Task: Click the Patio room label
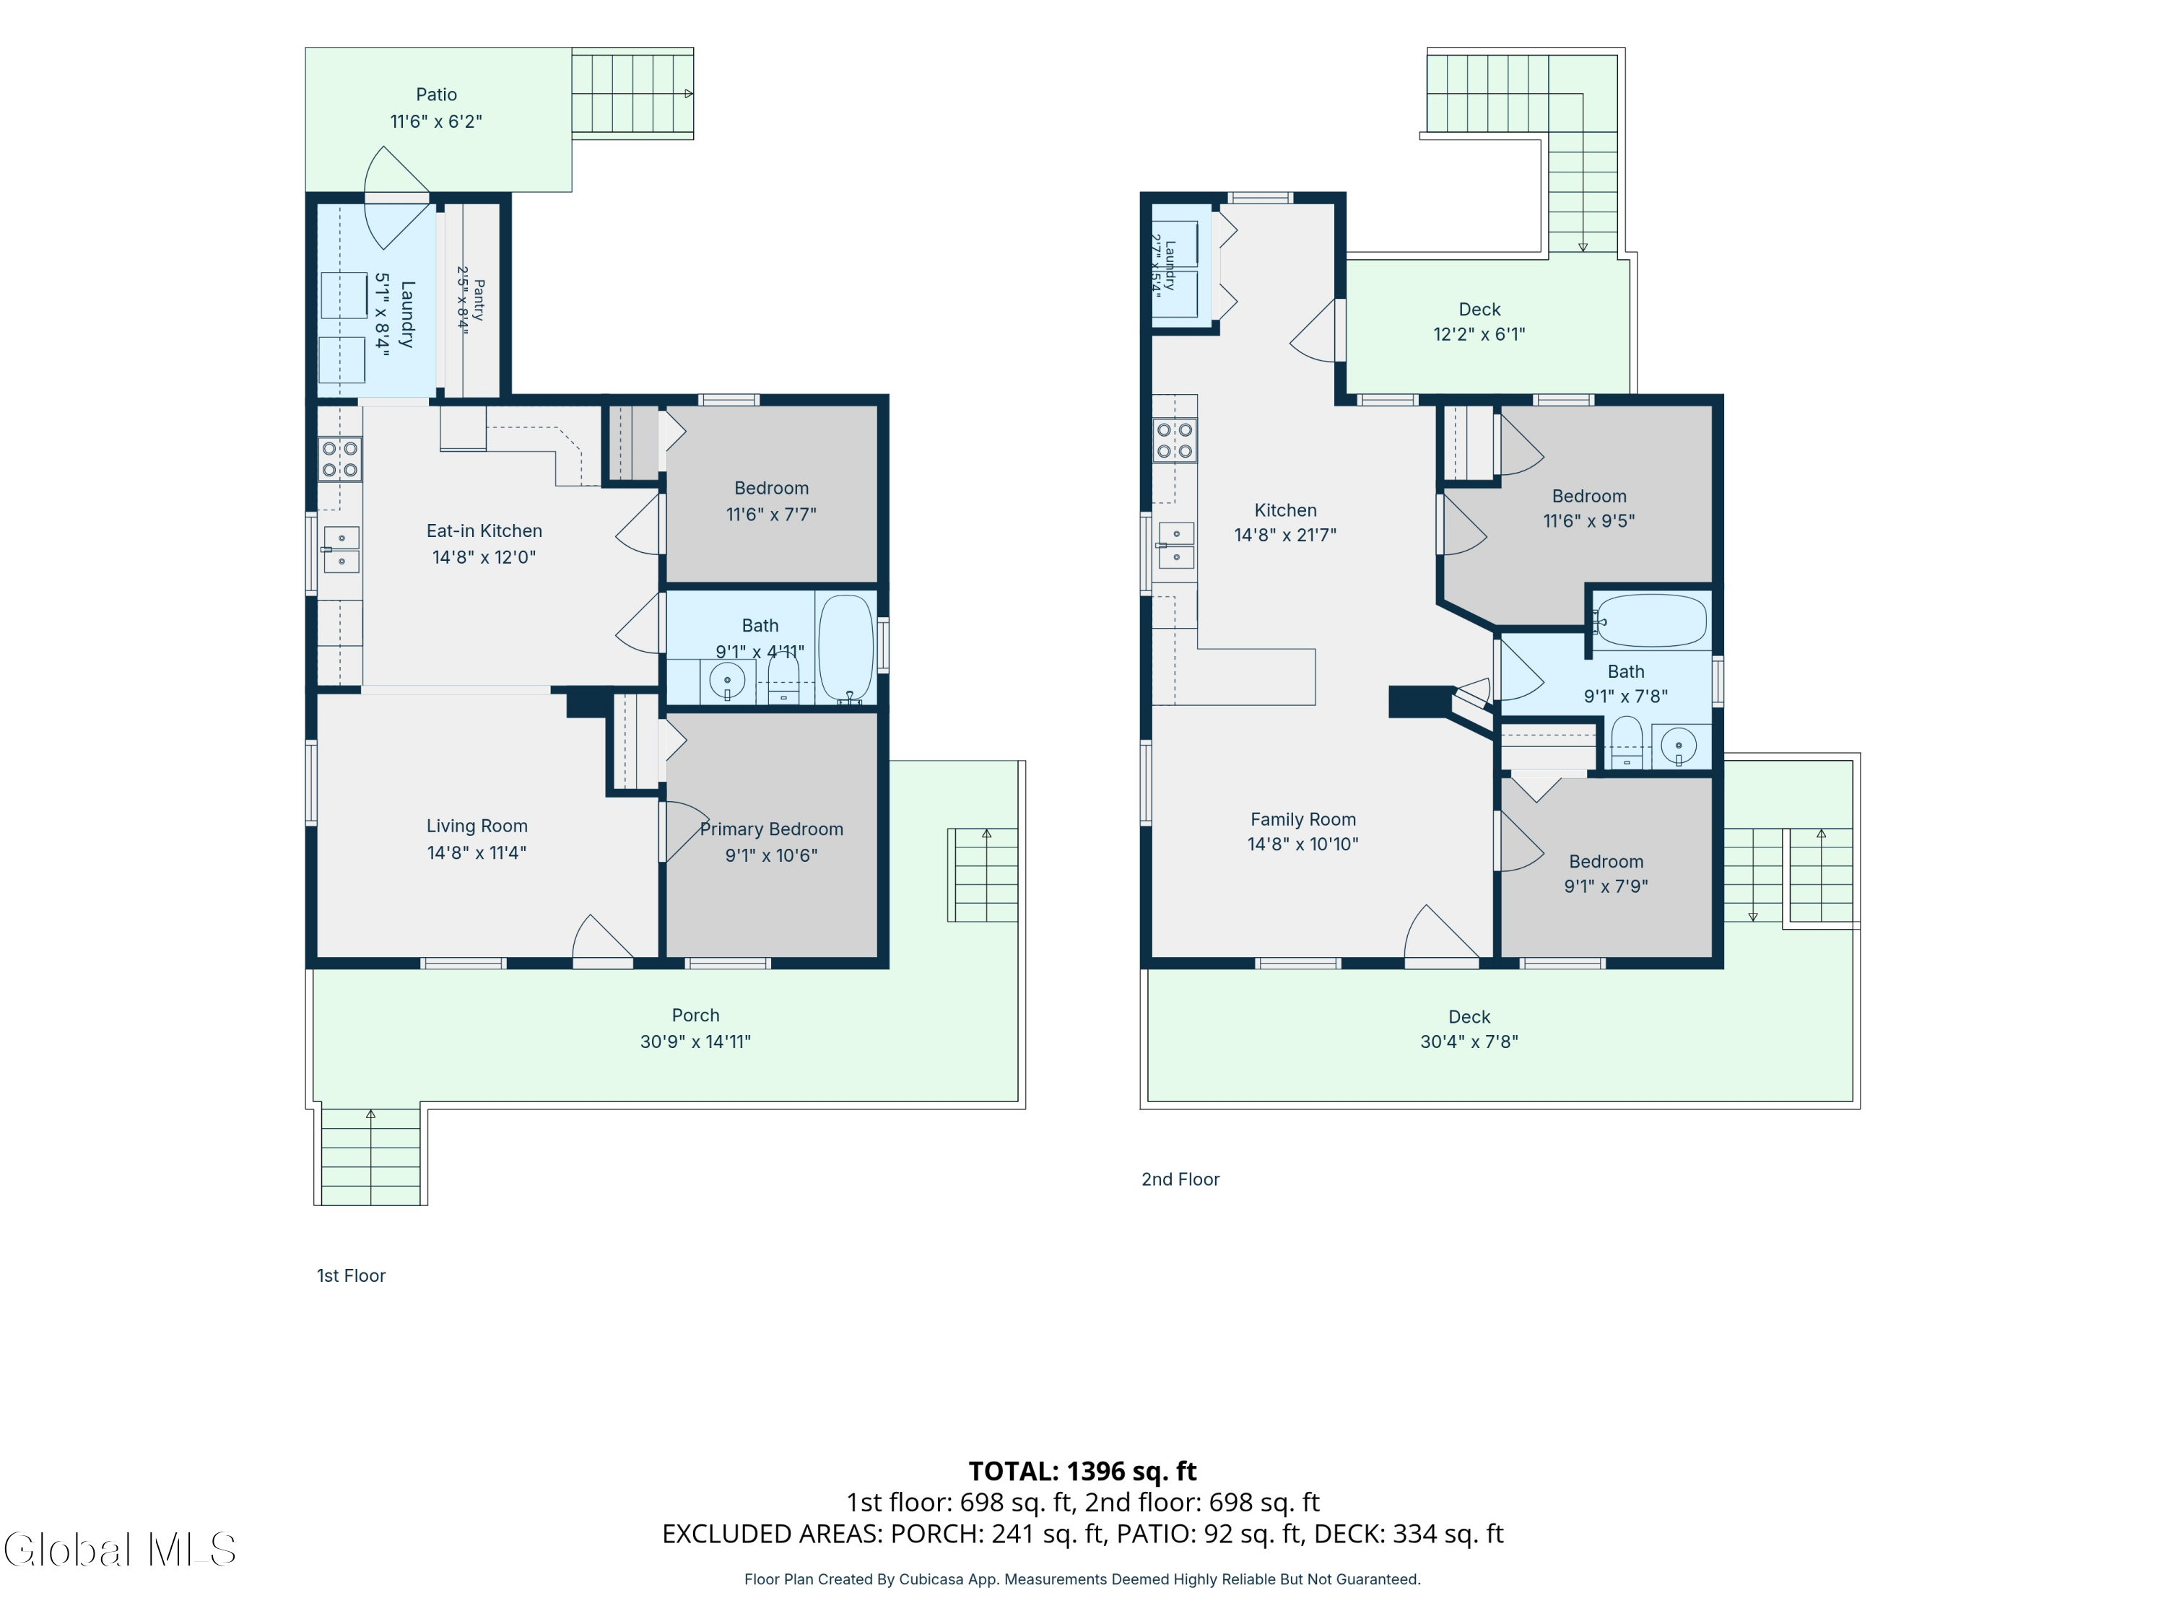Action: (x=436, y=95)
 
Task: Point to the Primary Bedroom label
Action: (x=772, y=829)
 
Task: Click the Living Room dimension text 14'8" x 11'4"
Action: (x=477, y=852)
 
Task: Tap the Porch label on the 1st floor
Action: (x=695, y=1015)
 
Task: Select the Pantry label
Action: (x=479, y=300)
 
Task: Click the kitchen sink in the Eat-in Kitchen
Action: (x=341, y=549)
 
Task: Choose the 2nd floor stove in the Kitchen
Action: (x=1174, y=440)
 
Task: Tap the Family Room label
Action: (x=1303, y=819)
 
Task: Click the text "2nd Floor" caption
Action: (x=1181, y=1179)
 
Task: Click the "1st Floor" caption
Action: (x=351, y=1275)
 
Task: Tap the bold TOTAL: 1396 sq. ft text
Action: (x=1083, y=1471)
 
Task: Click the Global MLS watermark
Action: (x=119, y=1550)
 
